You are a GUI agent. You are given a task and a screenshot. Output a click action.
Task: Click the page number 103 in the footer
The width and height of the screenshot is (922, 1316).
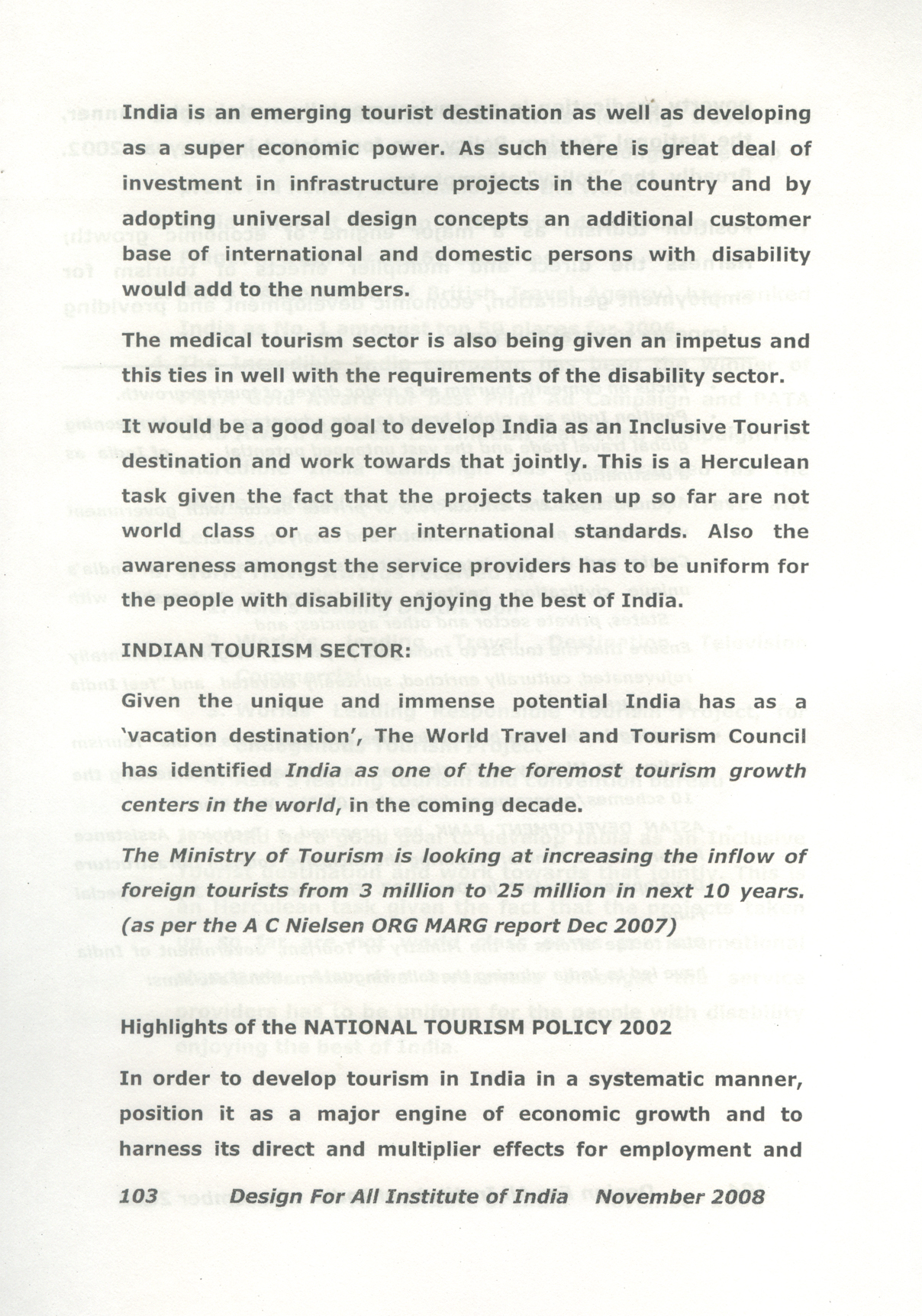138,1196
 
